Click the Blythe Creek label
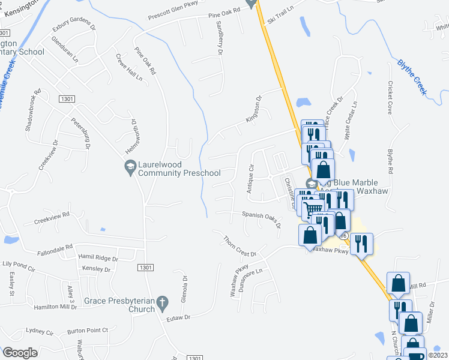click(x=411, y=76)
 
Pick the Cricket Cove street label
click(x=390, y=98)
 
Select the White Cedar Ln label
click(x=351, y=120)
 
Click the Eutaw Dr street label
click(x=178, y=316)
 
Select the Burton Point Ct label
click(x=88, y=329)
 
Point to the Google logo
click(x=20, y=353)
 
